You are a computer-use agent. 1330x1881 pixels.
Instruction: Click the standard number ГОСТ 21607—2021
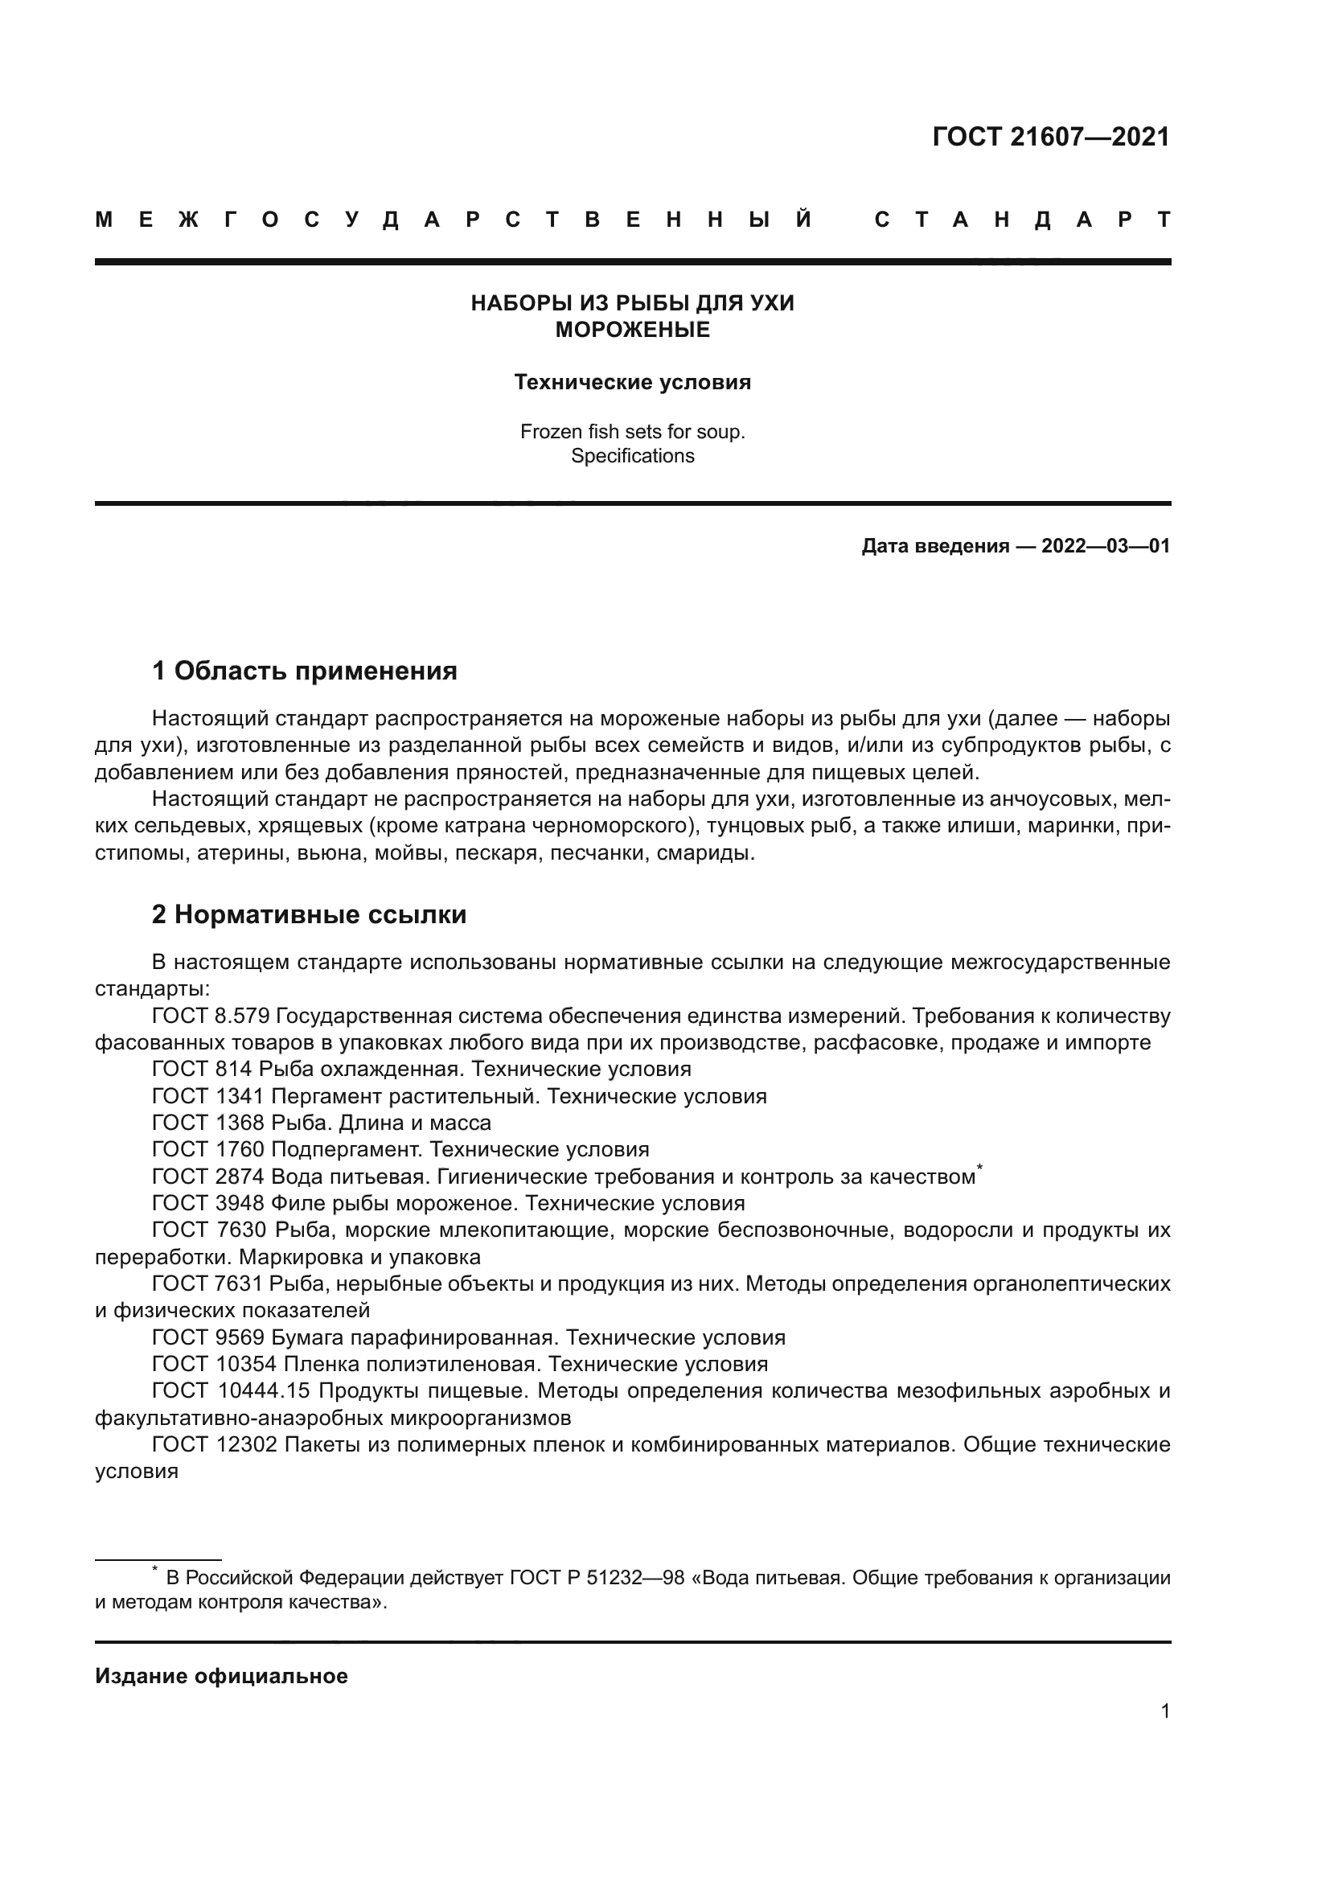(x=1051, y=137)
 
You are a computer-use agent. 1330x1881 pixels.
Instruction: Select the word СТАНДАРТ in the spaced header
(x=1022, y=220)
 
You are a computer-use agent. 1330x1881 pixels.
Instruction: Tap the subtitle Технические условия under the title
(x=632, y=383)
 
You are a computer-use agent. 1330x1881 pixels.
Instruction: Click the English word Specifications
(x=632, y=455)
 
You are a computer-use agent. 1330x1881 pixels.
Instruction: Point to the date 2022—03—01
(x=1106, y=545)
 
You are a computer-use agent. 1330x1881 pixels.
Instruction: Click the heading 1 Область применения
(x=305, y=671)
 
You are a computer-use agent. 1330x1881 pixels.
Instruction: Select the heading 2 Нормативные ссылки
(x=309, y=914)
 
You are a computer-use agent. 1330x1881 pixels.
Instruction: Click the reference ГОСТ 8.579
(x=211, y=1016)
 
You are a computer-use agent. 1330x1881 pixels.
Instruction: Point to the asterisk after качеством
(x=980, y=1168)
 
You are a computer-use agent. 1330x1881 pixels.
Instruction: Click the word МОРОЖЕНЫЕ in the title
(x=632, y=331)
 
